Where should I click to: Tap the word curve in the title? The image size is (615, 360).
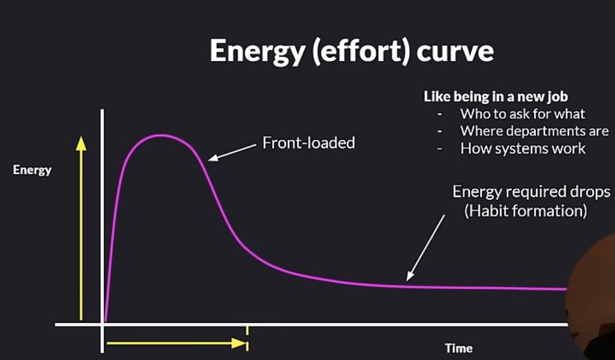[455, 51]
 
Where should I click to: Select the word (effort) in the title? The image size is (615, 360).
[360, 51]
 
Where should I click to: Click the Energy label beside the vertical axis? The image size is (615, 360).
[32, 170]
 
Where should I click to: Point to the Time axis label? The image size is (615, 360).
[458, 348]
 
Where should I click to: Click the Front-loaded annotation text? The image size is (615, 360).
[309, 142]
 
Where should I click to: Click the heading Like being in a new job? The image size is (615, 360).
[496, 96]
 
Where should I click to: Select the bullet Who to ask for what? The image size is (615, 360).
[522, 114]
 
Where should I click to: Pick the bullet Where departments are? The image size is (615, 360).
[534, 131]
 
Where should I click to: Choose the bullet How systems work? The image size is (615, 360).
[523, 148]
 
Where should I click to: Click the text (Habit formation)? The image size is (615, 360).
[526, 211]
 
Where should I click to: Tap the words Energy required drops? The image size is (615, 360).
[531, 192]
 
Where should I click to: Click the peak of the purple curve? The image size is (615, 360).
[161, 136]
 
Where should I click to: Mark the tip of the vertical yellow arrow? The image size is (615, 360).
[81, 136]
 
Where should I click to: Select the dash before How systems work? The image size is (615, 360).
[440, 149]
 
